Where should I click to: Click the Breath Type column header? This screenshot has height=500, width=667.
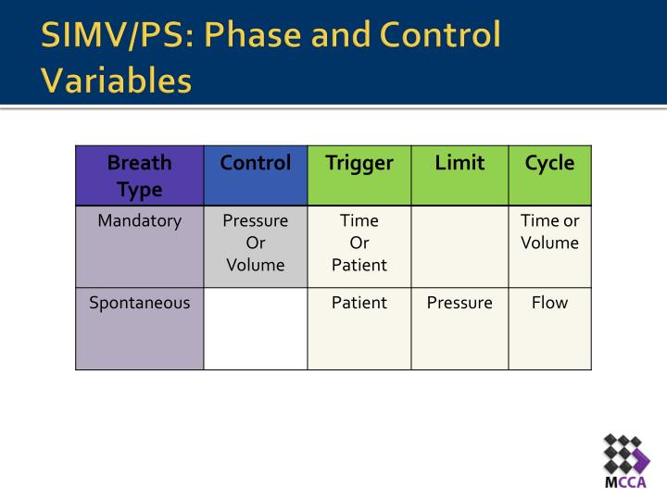(x=140, y=176)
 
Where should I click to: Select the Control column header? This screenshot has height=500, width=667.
(x=256, y=164)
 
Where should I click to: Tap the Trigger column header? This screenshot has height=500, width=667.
(x=359, y=164)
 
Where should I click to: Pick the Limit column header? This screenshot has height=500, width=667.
(x=459, y=164)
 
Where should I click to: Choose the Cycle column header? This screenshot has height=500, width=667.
(x=549, y=164)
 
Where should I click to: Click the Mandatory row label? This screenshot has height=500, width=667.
(x=140, y=221)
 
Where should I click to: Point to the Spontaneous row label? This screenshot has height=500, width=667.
(x=140, y=303)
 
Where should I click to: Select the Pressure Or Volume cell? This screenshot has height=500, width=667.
(x=256, y=243)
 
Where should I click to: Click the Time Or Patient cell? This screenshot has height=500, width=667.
(x=359, y=243)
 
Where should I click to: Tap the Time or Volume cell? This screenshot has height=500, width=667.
(x=549, y=232)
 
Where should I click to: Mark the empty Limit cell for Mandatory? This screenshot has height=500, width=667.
(x=459, y=246)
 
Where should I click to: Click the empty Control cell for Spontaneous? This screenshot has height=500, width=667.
(x=256, y=329)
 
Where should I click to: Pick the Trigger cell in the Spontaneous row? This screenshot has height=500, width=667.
(x=359, y=303)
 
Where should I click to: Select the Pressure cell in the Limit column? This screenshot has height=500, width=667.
(x=459, y=303)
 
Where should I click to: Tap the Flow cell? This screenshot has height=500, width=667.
(x=549, y=303)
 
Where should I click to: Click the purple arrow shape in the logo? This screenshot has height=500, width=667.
(x=641, y=455)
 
